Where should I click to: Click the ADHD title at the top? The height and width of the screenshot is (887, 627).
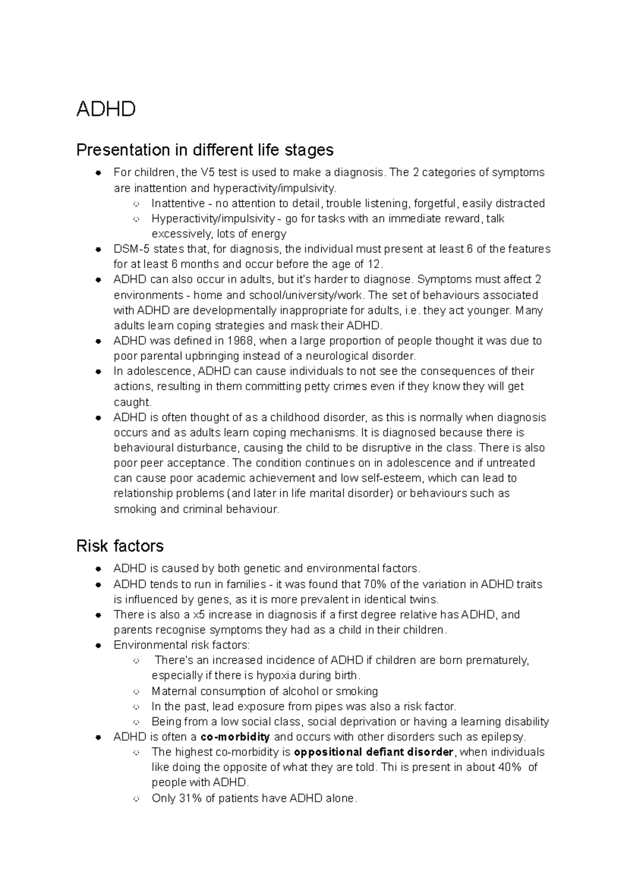[106, 109]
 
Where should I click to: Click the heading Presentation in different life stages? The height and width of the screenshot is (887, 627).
[205, 150]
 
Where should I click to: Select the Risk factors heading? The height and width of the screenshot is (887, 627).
[120, 546]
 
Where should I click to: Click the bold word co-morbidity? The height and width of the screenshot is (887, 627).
[235, 737]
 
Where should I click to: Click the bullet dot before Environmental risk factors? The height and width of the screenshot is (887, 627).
[98, 646]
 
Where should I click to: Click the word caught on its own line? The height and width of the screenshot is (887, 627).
[132, 402]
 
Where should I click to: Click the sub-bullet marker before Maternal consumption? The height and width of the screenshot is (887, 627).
[136, 692]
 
